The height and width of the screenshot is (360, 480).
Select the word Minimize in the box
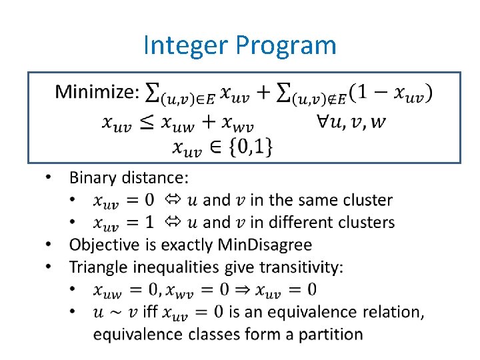click(95, 92)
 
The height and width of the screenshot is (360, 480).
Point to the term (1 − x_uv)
click(390, 93)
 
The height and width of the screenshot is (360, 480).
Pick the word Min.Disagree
click(265, 245)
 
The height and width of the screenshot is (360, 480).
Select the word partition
click(331, 333)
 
